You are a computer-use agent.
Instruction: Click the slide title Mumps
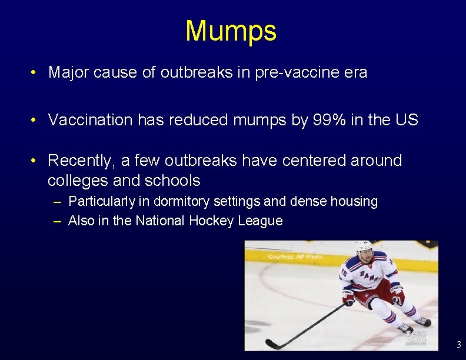click(231, 31)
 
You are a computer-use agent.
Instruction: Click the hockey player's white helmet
click(364, 248)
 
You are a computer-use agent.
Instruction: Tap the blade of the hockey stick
click(272, 344)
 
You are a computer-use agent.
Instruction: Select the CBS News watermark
click(416, 336)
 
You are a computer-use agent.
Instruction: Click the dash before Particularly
click(56, 202)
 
